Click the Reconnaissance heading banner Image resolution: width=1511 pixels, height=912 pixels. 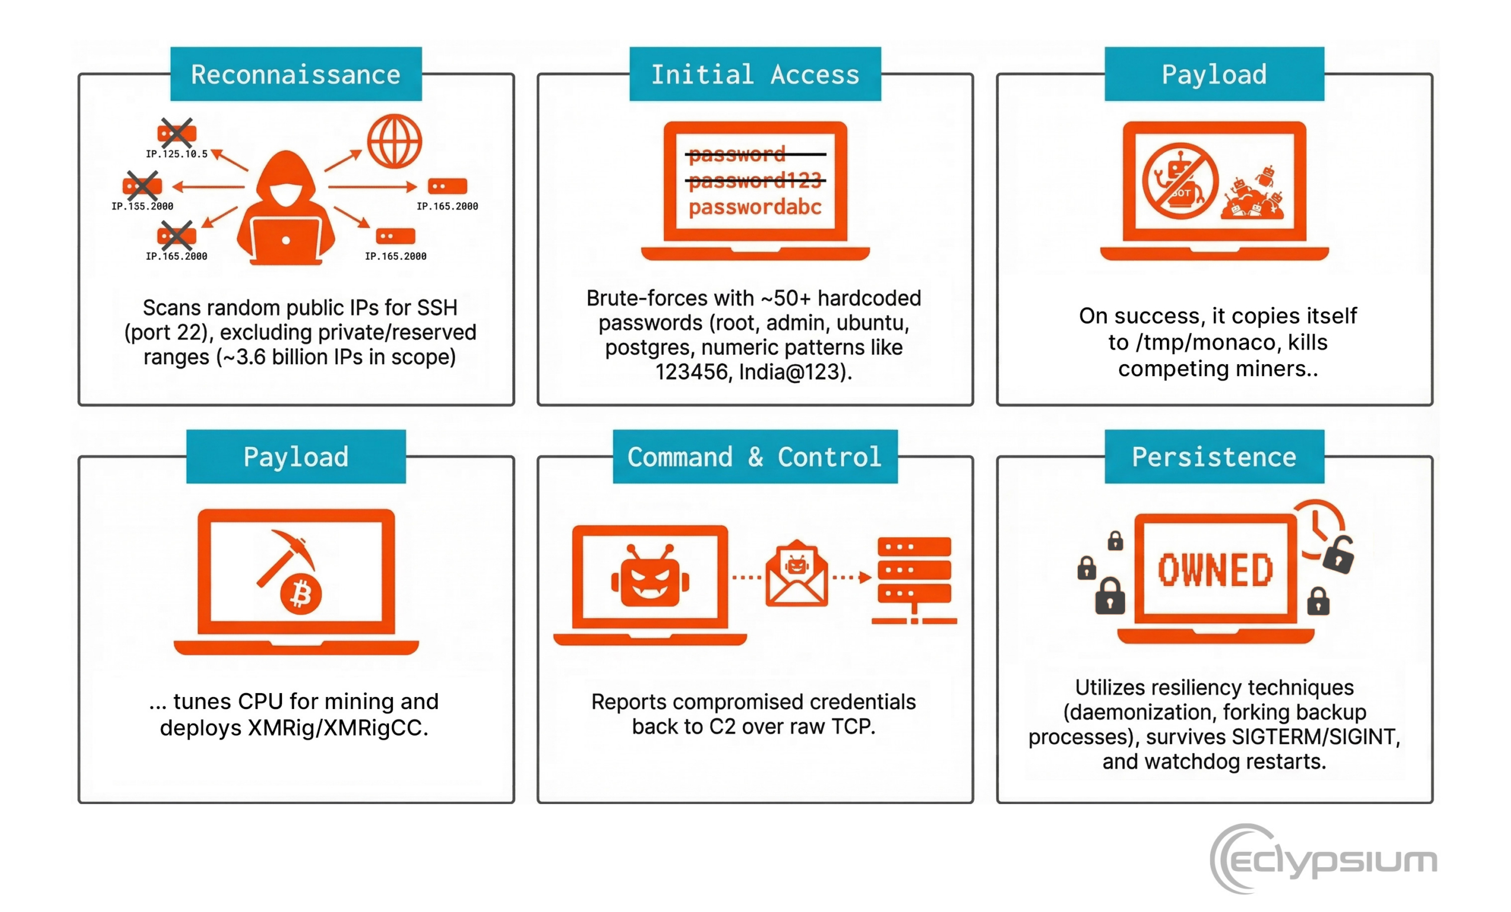[296, 74]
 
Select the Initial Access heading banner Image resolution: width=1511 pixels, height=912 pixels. [755, 74]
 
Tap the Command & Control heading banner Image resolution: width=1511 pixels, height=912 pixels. [755, 457]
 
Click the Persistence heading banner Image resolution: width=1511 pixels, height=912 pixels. [1214, 457]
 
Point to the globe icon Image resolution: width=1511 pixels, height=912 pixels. [394, 141]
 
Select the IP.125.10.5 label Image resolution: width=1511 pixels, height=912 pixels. [176, 154]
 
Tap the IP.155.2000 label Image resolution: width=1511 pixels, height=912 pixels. [142, 206]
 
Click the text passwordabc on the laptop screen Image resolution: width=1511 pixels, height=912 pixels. [755, 207]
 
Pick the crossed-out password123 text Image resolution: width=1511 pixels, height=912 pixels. [755, 180]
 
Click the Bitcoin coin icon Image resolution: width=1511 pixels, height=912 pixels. [300, 594]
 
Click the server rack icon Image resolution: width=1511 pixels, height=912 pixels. [914, 580]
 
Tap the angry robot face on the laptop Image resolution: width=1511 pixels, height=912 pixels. [650, 577]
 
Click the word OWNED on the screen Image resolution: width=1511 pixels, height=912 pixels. [1215, 570]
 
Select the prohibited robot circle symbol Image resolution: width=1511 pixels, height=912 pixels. [1179, 182]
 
